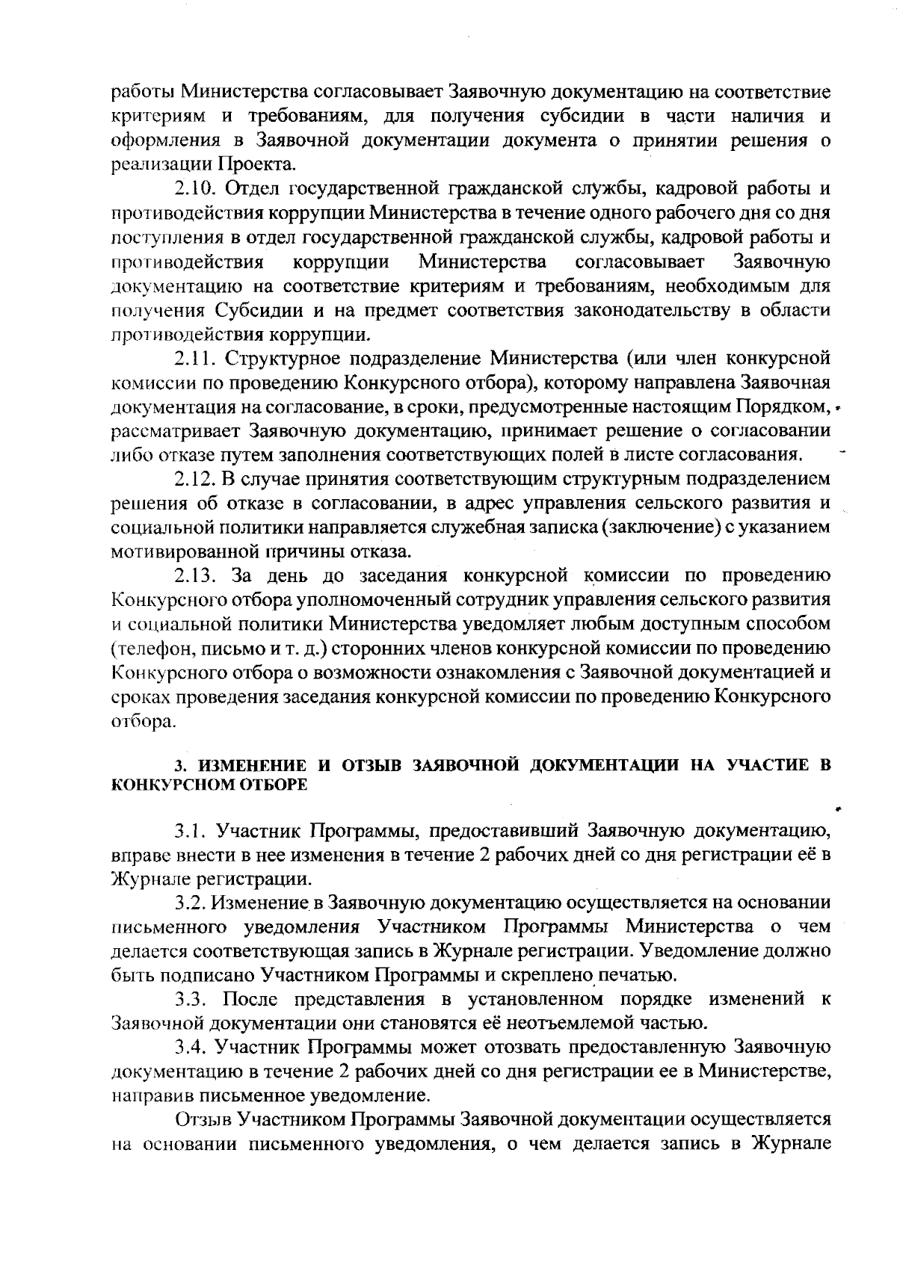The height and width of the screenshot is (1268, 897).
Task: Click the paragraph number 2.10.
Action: coord(197,188)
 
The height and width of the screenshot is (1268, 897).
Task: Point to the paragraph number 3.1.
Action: coord(192,830)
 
